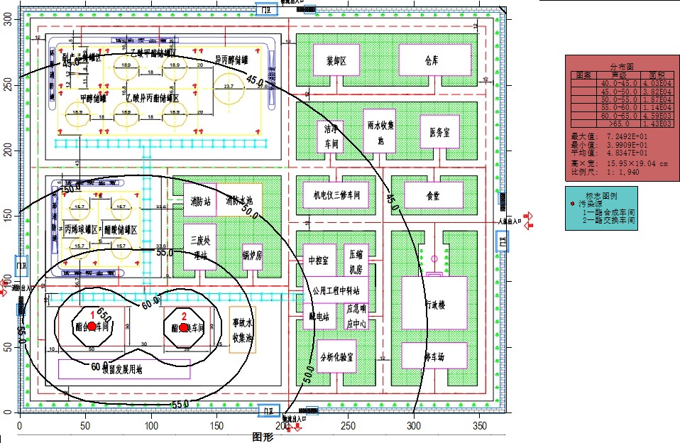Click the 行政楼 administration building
click(434, 304)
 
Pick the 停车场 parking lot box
click(433, 355)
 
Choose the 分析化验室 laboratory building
click(336, 356)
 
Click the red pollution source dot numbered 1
click(92, 326)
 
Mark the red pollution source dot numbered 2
click(183, 327)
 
